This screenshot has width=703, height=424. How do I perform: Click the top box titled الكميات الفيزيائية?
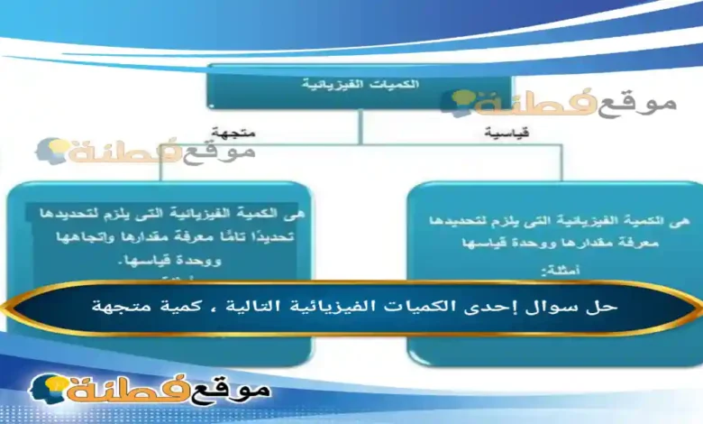[361, 85]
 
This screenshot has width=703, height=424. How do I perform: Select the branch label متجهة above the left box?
[233, 132]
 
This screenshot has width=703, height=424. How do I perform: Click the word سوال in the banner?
[571, 306]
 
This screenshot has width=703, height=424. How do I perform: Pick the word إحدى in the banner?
[516, 306]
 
